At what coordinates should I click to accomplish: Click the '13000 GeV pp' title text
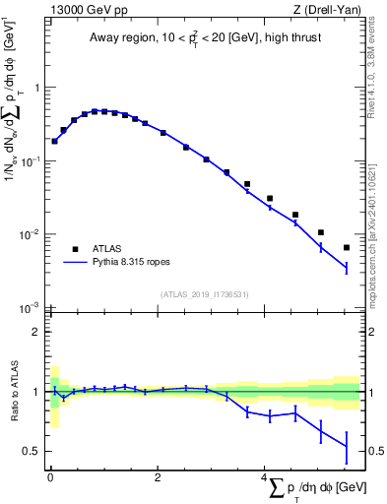[83, 11]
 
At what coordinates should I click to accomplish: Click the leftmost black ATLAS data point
[54, 141]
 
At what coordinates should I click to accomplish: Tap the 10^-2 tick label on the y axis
[29, 234]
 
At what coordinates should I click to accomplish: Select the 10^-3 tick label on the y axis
[29, 308]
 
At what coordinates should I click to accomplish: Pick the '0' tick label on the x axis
[49, 477]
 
